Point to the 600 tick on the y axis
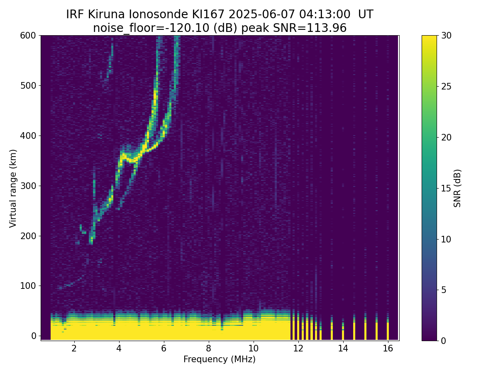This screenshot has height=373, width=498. [29, 36]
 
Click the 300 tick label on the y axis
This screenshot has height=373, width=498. [29, 186]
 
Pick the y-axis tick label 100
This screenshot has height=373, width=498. [29, 286]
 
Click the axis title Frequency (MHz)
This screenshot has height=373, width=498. [220, 359]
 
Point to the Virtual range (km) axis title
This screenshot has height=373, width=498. [13, 188]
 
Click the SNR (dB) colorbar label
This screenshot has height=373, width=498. [457, 188]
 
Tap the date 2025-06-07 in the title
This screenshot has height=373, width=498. [254, 15]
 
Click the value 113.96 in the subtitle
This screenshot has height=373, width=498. [327, 28]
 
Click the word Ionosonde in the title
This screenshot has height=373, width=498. [151, 15]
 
